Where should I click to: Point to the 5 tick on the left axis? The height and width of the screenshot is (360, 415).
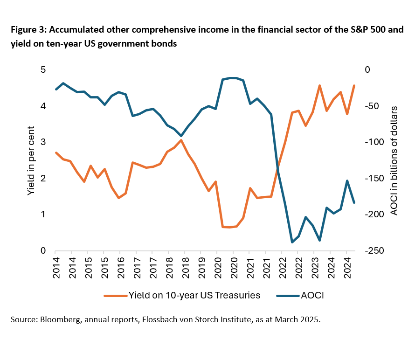point(42,70)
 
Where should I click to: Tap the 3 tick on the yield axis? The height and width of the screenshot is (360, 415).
point(42,142)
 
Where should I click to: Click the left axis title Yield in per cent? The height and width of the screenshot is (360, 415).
point(31,160)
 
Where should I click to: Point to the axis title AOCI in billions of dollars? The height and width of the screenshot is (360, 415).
point(394,160)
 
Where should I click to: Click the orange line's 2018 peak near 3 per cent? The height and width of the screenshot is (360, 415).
point(181,140)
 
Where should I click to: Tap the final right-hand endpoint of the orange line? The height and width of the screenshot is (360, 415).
point(354,86)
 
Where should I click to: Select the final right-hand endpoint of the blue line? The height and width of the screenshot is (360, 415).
point(354,202)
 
